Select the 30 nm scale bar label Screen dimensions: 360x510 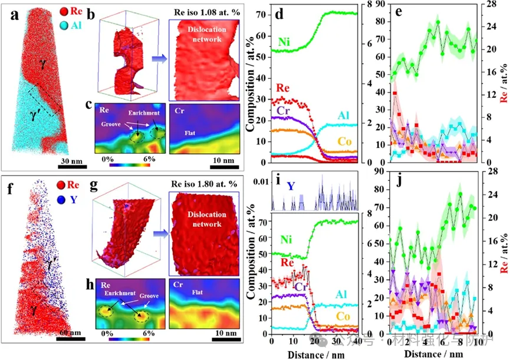[x=72, y=162]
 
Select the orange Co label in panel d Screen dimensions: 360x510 [x=346, y=141]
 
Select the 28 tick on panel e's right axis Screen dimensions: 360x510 [x=501, y=4]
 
